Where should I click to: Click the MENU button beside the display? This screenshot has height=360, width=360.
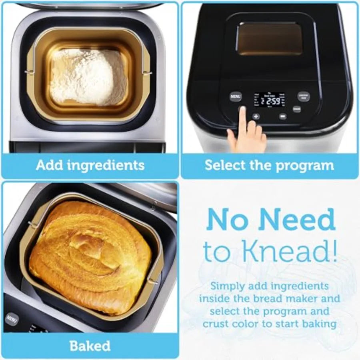pyautogui.click(x=236, y=96)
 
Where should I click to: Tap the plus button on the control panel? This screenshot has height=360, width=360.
pyautogui.click(x=256, y=117)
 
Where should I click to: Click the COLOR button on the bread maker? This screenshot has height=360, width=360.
pyautogui.click(x=297, y=108)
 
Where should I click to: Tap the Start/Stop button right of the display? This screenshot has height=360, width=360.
pyautogui.click(x=303, y=96)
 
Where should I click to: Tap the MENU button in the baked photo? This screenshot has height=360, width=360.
pyautogui.click(x=11, y=319)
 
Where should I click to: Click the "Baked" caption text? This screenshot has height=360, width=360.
pyautogui.click(x=90, y=346)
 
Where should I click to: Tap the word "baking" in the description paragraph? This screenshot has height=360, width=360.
pyautogui.click(x=318, y=323)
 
